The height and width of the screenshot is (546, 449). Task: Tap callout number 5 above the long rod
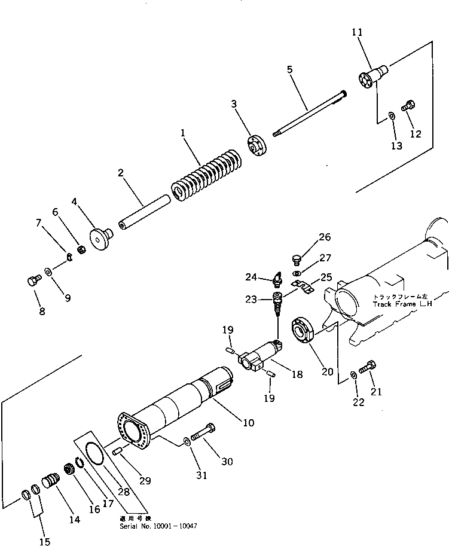coord(290,69)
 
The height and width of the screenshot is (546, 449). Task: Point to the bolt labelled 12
coord(409,106)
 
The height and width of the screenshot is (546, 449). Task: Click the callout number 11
coord(358,32)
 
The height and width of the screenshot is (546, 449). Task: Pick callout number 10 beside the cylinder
coord(248,423)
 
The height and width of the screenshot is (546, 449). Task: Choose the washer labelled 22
coord(353,374)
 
